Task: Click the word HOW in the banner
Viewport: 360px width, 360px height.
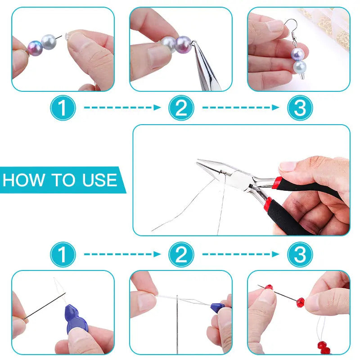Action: [x=21, y=180]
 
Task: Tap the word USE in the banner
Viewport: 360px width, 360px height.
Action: [x=99, y=180]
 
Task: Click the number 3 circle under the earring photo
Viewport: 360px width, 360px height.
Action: [x=300, y=108]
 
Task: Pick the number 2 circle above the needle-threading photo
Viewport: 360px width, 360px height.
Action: [x=181, y=256]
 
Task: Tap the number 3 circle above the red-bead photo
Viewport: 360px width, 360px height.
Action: [x=300, y=256]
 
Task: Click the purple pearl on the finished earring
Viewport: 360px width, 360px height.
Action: [x=298, y=55]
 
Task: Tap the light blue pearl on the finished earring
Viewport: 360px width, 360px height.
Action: [x=299, y=67]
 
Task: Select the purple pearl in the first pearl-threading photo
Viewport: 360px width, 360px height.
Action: [x=35, y=47]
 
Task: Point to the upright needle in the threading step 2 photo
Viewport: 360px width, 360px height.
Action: [x=178, y=324]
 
